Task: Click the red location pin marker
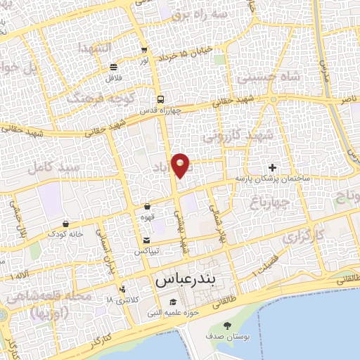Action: tap(181, 165)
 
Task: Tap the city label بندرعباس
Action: tap(186, 279)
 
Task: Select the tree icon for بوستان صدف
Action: tap(227, 326)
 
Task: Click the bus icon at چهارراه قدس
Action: tap(161, 100)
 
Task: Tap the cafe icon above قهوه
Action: tap(147, 207)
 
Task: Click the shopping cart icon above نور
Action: tap(144, 50)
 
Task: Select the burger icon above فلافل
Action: tap(113, 67)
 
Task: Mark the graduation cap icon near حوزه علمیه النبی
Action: tap(162, 303)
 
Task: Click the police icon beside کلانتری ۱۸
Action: tap(123, 288)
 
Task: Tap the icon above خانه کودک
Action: tap(65, 224)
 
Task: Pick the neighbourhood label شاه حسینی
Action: tap(268, 77)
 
